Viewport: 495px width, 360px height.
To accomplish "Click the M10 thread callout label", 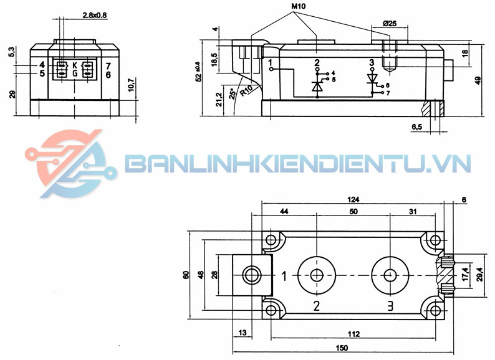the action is pyautogui.click(x=299, y=6).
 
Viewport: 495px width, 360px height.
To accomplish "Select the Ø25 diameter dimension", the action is pyautogui.click(x=390, y=24).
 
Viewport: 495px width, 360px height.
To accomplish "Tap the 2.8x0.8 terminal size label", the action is pyautogui.click(x=95, y=15).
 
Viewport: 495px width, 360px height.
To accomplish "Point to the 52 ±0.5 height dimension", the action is pyautogui.click(x=198, y=72).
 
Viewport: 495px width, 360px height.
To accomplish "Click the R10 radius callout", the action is pyautogui.click(x=246, y=90).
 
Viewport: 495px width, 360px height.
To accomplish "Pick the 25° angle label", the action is pyautogui.click(x=233, y=93).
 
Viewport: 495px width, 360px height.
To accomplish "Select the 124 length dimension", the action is pyautogui.click(x=353, y=199).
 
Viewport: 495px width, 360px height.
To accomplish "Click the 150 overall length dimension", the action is pyautogui.click(x=342, y=348).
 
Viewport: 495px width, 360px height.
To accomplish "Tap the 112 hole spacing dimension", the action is pyautogui.click(x=353, y=334).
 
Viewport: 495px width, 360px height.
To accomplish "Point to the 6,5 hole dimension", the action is pyautogui.click(x=416, y=127).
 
